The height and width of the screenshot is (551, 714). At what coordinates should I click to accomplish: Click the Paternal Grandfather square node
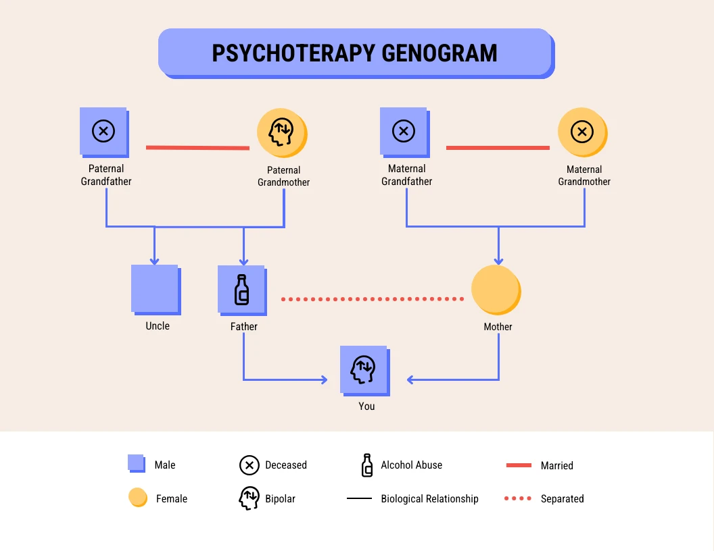point(103,131)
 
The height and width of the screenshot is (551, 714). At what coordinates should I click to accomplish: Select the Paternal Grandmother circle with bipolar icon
point(281,132)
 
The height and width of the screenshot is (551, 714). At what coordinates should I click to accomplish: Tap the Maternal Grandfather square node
point(404,131)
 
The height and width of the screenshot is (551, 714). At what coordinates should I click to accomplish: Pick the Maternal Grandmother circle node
point(581,131)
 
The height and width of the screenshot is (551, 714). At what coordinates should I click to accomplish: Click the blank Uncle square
point(155,288)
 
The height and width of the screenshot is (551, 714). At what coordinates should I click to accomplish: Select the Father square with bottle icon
point(241,289)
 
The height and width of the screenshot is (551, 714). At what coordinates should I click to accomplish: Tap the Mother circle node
point(495,289)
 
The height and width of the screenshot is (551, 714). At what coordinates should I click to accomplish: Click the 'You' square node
point(364,369)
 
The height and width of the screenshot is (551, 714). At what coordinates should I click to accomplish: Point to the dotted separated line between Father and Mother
point(372,298)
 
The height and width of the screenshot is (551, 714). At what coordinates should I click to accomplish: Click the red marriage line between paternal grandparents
point(197,147)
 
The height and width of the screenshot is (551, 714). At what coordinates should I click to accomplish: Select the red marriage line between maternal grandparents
point(498,147)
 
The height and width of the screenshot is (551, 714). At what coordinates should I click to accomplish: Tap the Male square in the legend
point(136,463)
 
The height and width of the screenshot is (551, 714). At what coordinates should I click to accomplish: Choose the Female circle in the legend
point(137,498)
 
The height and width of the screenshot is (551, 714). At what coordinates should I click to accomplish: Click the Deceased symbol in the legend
point(249,465)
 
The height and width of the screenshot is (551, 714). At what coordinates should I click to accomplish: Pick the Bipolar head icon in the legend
point(249,498)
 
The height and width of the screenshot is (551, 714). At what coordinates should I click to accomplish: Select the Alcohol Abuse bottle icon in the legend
point(367,465)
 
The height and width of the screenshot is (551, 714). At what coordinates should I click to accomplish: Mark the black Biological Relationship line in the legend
point(359,498)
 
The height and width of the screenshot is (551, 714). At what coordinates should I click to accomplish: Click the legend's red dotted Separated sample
point(519,498)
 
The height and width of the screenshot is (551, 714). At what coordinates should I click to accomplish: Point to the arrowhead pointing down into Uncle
point(154,261)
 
